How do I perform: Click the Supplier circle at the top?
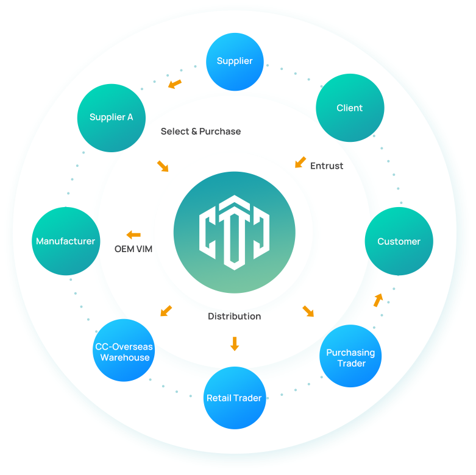tap(235, 62)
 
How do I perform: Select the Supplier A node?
tap(111, 118)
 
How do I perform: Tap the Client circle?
tap(350, 108)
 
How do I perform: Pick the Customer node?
tap(399, 241)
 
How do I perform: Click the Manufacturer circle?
tap(65, 241)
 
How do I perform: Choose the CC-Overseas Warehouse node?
tap(124, 352)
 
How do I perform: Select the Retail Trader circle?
tap(234, 398)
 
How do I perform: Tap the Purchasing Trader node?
tap(350, 357)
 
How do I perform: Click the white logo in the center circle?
tap(234, 232)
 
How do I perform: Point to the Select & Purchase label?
tap(201, 132)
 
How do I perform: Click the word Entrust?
tap(327, 166)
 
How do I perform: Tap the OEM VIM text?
tap(133, 249)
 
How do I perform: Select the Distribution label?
tap(234, 317)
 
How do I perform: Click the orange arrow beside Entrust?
tap(300, 163)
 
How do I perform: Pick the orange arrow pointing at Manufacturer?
tap(133, 234)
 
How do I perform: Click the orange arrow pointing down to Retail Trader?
tap(234, 343)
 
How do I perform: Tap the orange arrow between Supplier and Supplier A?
tap(175, 83)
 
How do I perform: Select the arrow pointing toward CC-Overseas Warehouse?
tap(166, 311)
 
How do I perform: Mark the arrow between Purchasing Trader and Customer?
tap(378, 300)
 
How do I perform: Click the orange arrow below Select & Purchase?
tap(163, 166)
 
